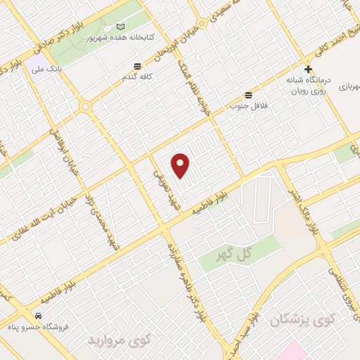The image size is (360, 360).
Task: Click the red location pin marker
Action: point(181,165)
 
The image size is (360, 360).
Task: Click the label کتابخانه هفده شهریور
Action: point(133,37)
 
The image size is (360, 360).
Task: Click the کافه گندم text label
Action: point(135,76)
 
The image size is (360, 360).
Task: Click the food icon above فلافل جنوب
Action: point(247,95)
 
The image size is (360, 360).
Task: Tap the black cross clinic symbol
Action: point(307,69)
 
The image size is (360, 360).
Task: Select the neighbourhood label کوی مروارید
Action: point(120,341)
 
